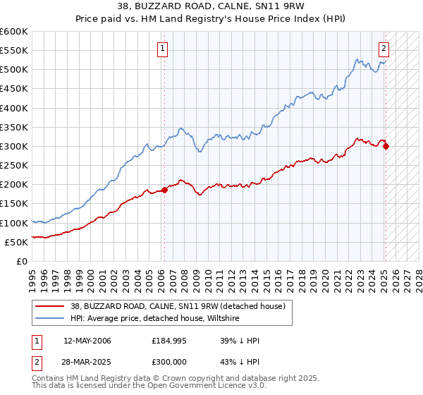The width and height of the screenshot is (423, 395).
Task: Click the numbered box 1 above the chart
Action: pyautogui.click(x=163, y=49)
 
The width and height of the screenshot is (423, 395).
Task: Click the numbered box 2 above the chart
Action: pyautogui.click(x=384, y=49)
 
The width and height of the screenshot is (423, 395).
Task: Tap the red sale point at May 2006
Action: pyautogui.click(x=164, y=190)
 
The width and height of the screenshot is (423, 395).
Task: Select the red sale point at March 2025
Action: pyautogui.click(x=386, y=146)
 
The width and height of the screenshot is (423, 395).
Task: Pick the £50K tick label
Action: pyautogui.click(x=17, y=242)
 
